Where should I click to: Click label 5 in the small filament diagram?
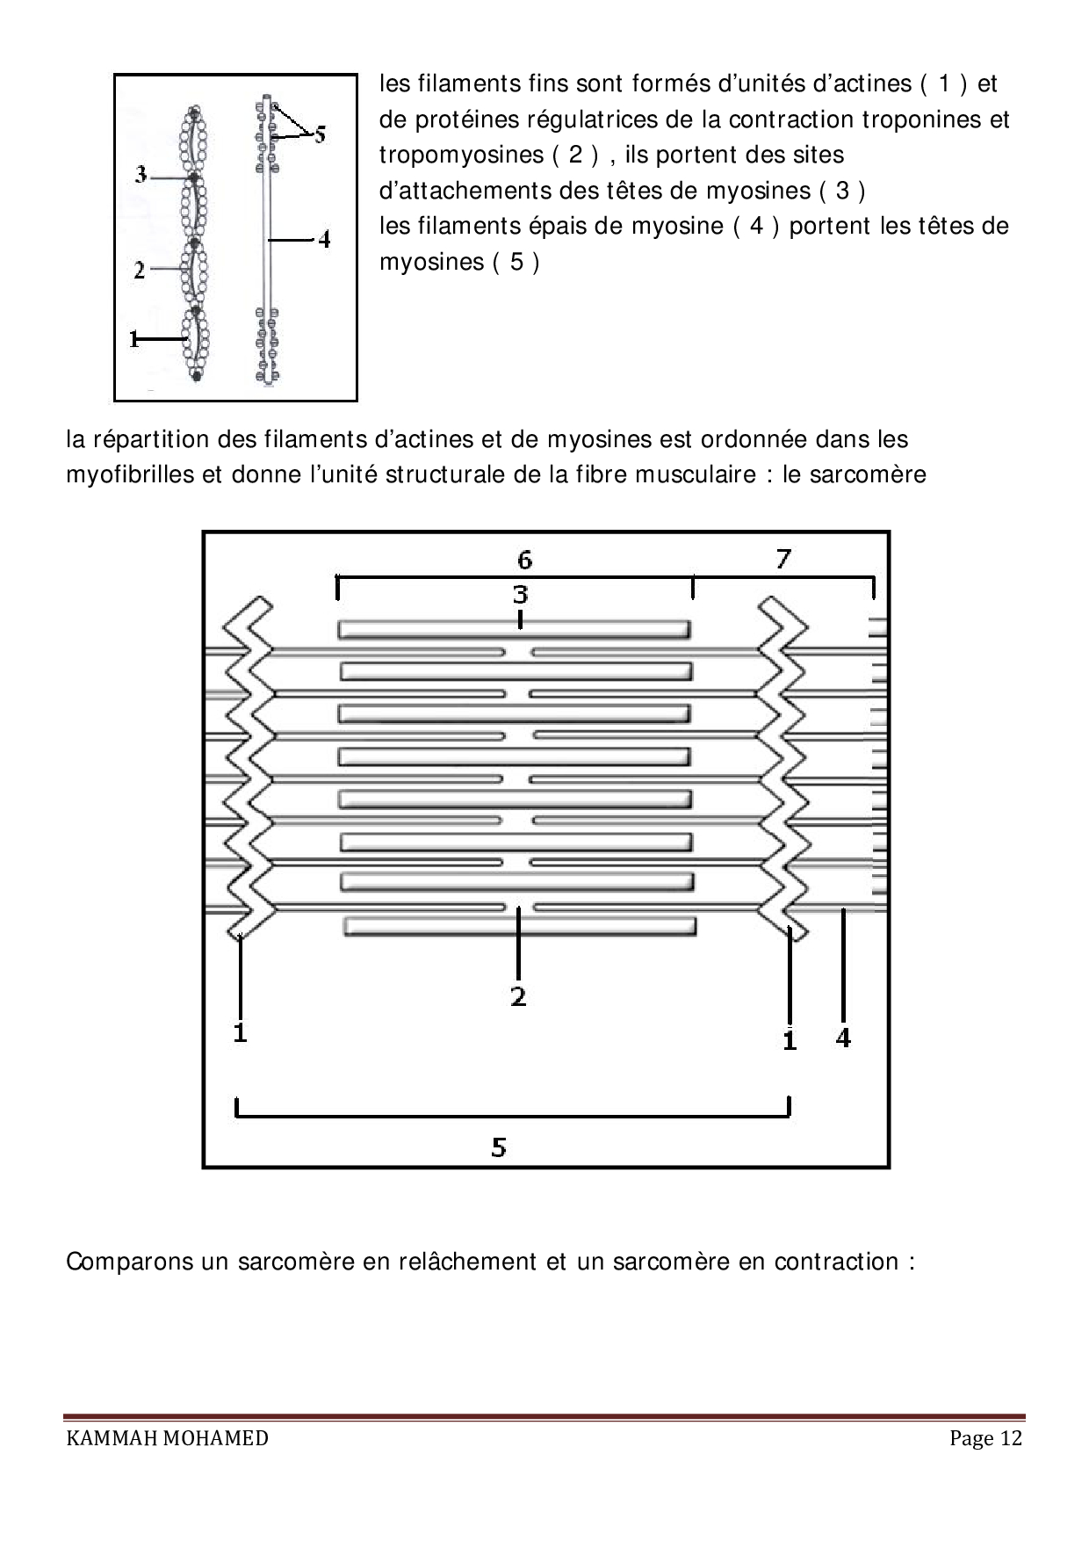(320, 134)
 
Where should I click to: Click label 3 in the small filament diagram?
(141, 175)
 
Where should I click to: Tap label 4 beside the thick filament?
(324, 238)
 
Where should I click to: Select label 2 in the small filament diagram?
(140, 270)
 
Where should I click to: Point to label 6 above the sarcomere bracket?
(524, 559)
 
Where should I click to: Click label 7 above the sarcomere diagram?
(783, 558)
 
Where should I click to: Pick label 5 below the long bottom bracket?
(499, 1147)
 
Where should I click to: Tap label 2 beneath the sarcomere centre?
(518, 996)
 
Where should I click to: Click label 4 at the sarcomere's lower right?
(843, 1038)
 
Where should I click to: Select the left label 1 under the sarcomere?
(240, 1032)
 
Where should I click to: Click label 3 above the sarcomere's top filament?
(521, 595)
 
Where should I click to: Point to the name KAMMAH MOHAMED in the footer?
(168, 1438)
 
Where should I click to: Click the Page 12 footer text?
(985, 1438)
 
